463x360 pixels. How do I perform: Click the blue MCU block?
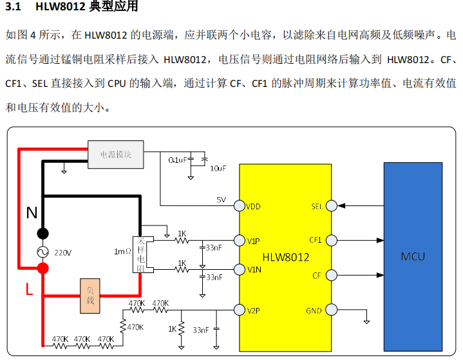[413, 256]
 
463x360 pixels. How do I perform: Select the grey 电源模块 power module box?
[115, 155]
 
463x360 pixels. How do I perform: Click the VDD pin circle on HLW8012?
[239, 206]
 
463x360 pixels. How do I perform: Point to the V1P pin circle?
[239, 240]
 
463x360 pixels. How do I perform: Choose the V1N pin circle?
[239, 269]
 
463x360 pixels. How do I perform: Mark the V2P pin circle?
[239, 310]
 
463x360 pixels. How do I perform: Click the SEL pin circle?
[332, 206]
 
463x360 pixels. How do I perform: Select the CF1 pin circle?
[332, 240]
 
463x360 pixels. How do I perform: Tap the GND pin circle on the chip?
[332, 310]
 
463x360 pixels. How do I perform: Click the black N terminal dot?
[43, 233]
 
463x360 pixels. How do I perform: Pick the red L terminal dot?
[43, 268]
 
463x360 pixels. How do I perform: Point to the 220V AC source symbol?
[43, 252]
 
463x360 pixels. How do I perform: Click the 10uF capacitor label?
[218, 168]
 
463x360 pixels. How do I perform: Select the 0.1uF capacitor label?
[177, 159]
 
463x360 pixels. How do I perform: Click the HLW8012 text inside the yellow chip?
[285, 257]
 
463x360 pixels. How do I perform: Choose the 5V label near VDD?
[222, 200]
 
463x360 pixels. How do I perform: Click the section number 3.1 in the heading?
[14, 8]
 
